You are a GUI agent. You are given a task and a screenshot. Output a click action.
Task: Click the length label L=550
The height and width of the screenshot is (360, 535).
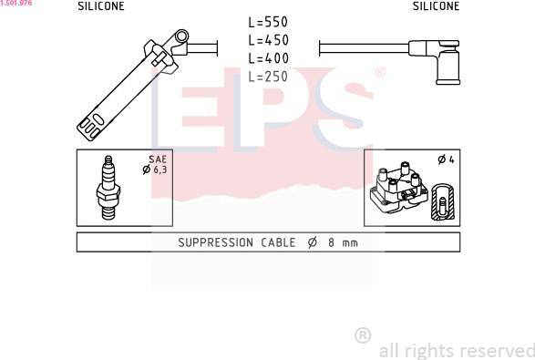(x=268, y=22)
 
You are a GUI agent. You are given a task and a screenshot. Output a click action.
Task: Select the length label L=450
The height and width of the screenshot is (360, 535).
(x=268, y=40)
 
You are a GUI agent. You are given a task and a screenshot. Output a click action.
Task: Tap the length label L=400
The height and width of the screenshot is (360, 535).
(x=268, y=58)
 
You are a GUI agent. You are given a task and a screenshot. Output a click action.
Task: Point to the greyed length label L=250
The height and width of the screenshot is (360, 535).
(x=268, y=77)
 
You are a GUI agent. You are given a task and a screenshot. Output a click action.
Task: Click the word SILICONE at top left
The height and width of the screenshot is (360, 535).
(x=101, y=6)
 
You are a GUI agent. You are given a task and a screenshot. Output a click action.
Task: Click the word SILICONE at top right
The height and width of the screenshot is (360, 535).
(x=436, y=6)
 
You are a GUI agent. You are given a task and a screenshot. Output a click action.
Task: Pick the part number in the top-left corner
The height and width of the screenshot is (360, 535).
(x=16, y=3)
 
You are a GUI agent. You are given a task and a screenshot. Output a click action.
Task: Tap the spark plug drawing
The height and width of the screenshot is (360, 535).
(x=108, y=188)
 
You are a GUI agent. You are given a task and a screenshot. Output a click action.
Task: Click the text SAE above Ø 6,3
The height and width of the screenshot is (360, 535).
(x=158, y=159)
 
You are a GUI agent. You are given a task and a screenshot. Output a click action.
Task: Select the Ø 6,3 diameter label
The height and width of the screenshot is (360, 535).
(x=155, y=170)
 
